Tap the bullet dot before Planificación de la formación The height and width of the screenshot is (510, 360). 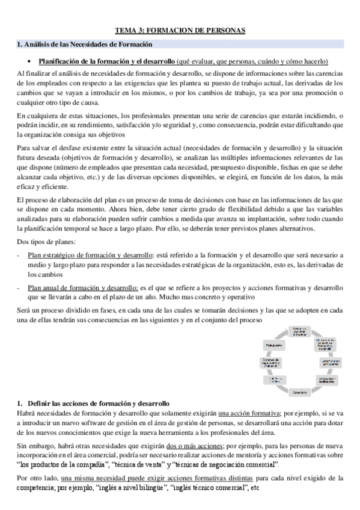[29, 61]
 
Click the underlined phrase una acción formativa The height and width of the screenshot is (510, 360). [249, 413]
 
